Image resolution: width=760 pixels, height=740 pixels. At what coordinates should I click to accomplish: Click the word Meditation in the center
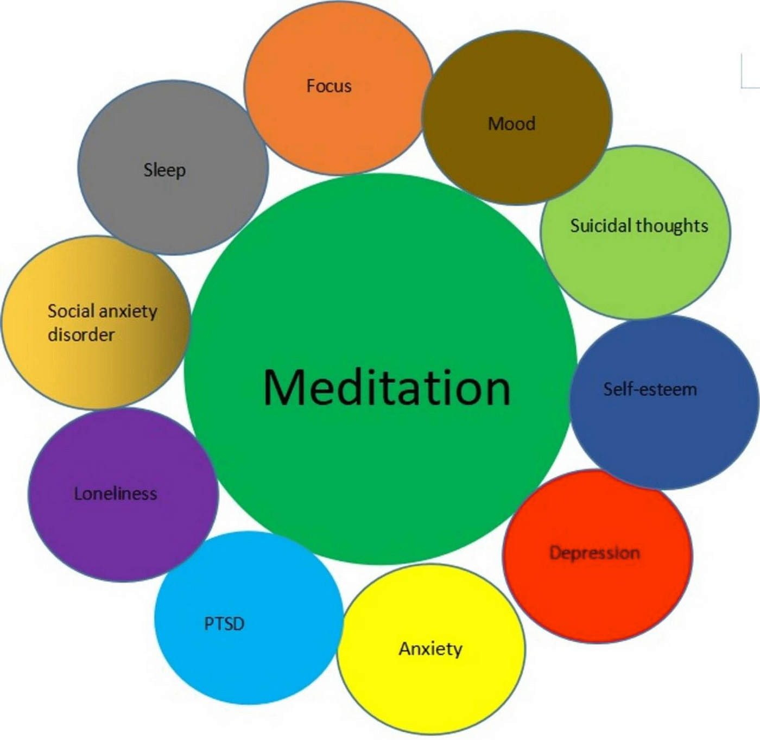387,388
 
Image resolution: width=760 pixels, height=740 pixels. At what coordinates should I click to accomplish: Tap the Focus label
329,86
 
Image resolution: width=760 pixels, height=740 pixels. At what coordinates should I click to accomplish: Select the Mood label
511,124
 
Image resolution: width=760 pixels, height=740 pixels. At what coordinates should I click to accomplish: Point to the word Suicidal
601,225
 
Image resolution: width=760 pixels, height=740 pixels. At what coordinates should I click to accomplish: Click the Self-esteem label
650,389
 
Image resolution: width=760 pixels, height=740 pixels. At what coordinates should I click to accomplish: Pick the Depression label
594,553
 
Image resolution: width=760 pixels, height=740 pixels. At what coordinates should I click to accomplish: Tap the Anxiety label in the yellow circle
430,649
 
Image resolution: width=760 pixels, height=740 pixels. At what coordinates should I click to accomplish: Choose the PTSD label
224,623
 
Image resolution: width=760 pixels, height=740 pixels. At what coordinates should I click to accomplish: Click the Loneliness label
116,494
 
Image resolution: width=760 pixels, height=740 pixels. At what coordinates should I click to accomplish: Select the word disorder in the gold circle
81,334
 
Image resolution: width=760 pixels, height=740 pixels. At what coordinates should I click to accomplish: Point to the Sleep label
164,170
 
